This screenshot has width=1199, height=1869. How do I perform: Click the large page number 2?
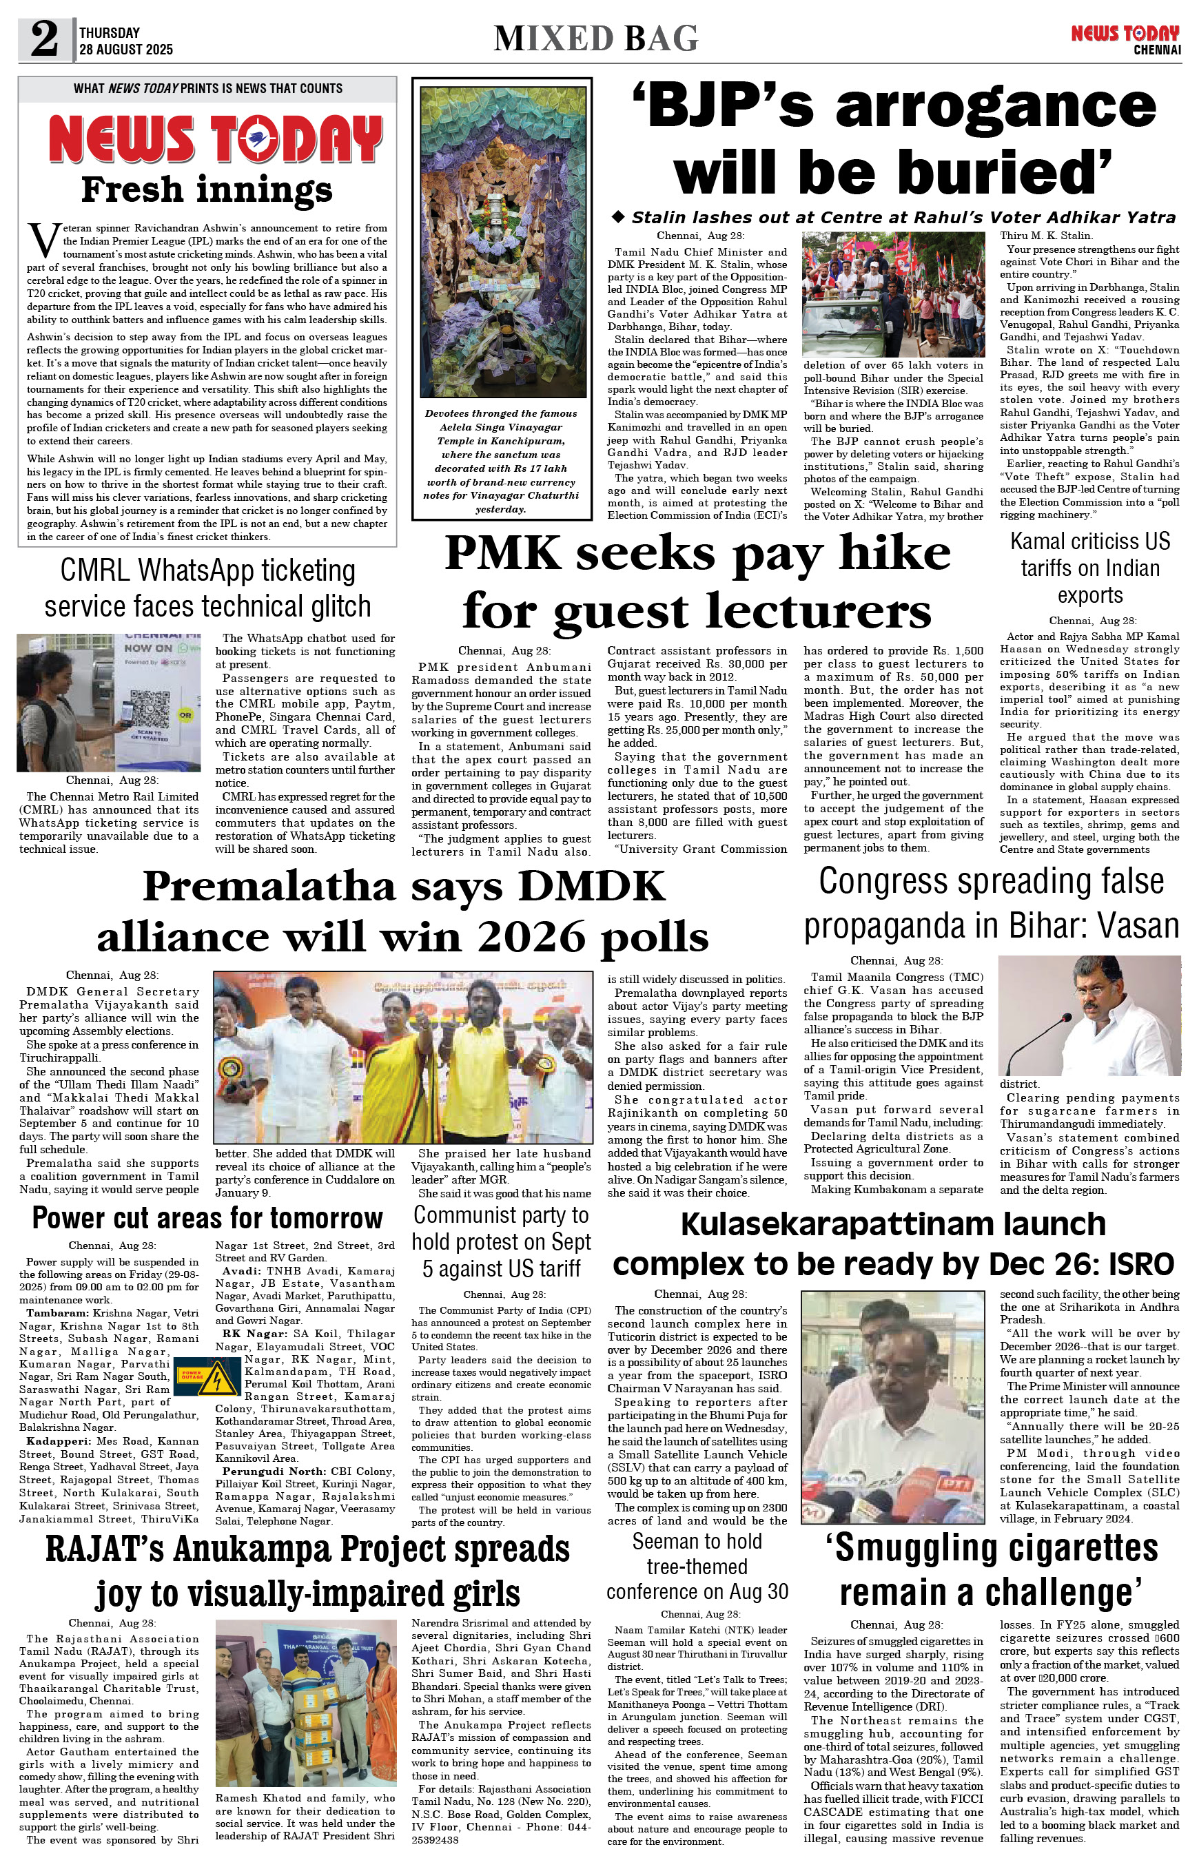[x=44, y=39]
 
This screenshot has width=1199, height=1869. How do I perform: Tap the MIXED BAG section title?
[x=595, y=38]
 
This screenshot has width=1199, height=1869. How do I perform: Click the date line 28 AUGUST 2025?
[x=126, y=50]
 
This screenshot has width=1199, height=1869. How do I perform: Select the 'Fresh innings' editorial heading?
[x=207, y=189]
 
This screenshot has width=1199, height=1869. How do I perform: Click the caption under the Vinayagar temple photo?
[x=501, y=461]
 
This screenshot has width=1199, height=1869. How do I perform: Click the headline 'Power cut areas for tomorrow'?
[x=207, y=1217]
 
